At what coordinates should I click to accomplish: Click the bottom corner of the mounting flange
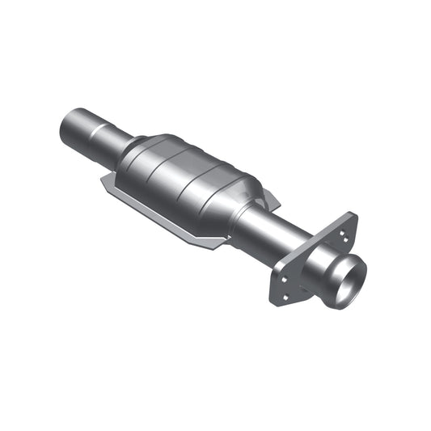click(275, 300)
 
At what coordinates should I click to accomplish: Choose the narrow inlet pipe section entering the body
click(125, 146)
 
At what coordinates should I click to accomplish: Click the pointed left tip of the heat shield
click(103, 181)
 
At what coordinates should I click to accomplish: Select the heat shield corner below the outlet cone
click(214, 243)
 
